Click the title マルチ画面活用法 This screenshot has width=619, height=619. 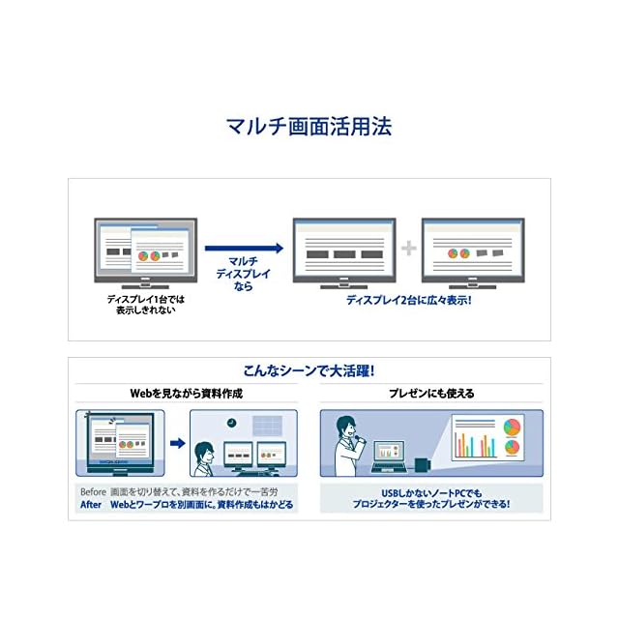(309, 127)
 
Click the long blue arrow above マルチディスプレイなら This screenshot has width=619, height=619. (244, 248)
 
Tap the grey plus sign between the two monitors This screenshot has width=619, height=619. (408, 249)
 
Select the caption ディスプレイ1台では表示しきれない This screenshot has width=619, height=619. (145, 305)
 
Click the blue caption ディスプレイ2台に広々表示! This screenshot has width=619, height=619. (409, 300)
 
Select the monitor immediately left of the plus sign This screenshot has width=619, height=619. (344, 250)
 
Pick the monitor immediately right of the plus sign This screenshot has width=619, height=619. (473, 250)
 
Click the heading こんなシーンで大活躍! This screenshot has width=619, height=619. (309, 371)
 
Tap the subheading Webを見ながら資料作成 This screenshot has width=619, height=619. (187, 394)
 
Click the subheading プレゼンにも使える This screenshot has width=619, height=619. (431, 394)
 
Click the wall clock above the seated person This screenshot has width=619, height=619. (232, 423)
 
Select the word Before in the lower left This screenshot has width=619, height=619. (93, 491)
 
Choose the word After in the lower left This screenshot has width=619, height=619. (91, 505)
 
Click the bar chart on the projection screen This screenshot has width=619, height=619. (473, 444)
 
